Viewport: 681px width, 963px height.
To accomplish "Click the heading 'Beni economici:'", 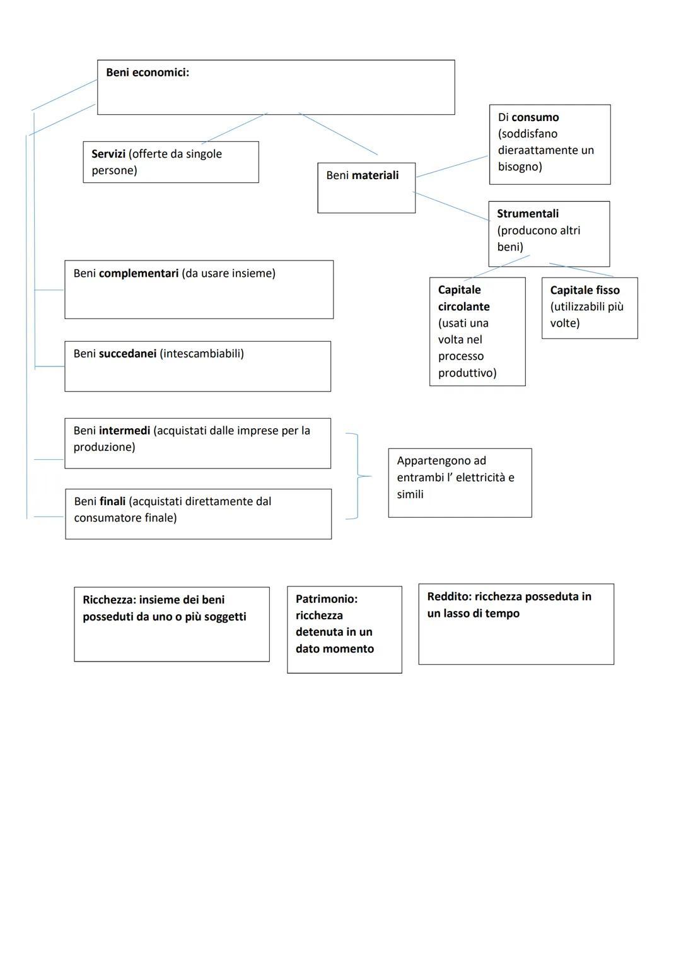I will click(148, 73).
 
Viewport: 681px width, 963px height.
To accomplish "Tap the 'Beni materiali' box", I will click(366, 187).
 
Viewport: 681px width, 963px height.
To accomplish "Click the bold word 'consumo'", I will click(535, 117).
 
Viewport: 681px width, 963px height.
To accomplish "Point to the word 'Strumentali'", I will click(528, 214).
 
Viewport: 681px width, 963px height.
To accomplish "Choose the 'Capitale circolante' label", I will click(463, 298).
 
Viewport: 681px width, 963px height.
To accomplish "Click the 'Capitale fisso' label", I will click(585, 290).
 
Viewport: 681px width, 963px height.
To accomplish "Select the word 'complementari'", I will click(139, 274).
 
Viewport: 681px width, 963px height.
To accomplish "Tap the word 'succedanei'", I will click(127, 354).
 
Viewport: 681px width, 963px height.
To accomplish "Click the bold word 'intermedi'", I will click(124, 431).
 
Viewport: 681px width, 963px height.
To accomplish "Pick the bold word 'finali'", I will click(113, 501).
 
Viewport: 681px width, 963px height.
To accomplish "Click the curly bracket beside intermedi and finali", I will click(358, 476).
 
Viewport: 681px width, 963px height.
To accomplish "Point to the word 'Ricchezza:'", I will click(109, 600).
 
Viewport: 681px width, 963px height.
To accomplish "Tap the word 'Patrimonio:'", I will click(327, 599).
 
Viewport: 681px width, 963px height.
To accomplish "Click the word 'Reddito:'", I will click(449, 597).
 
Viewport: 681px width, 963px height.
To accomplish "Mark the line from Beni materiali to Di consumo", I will click(452, 166).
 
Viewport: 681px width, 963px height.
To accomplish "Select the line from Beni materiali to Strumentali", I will click(451, 206).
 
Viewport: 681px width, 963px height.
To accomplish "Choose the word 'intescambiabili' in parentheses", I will click(202, 354).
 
